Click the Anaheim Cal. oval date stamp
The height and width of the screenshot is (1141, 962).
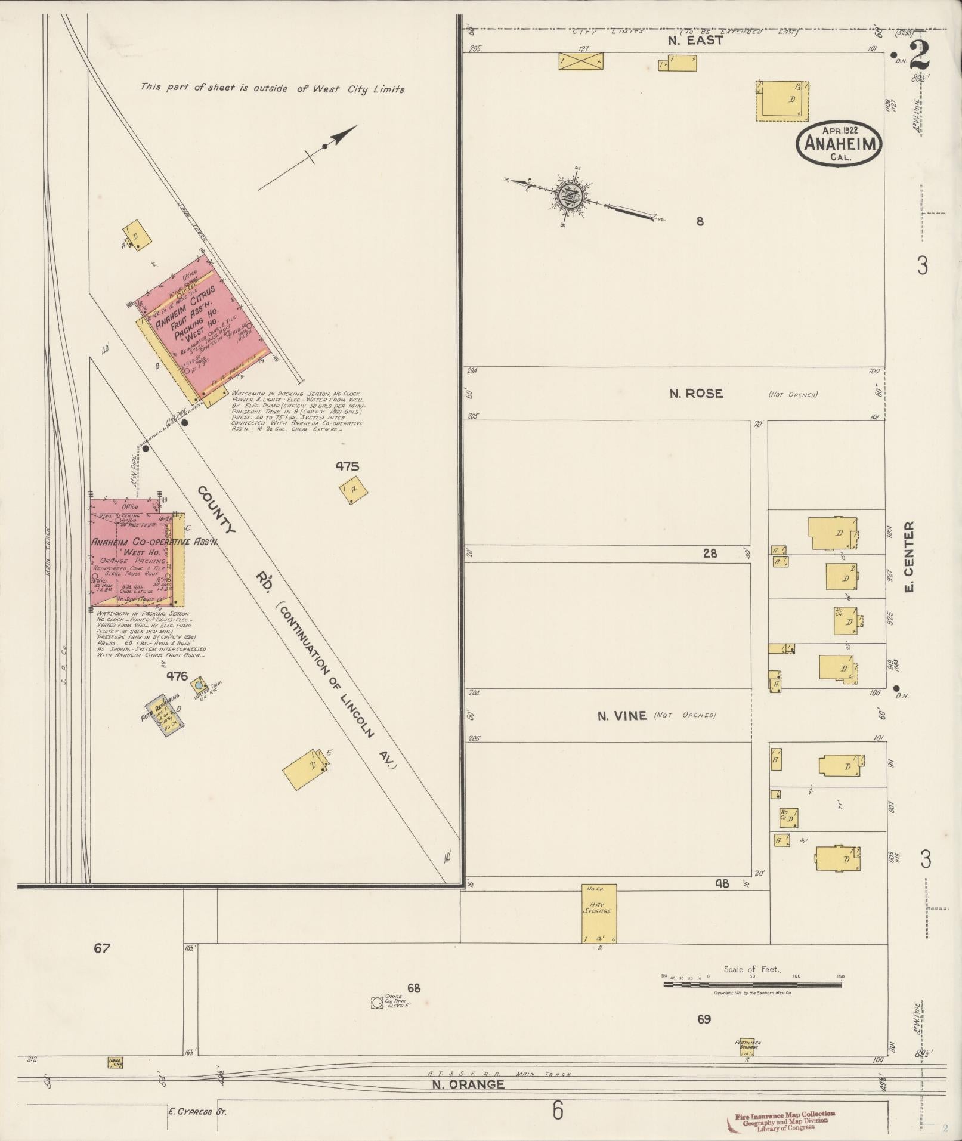click(x=839, y=144)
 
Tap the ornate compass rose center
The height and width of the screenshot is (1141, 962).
click(x=570, y=195)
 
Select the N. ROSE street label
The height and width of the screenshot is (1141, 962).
click(x=696, y=394)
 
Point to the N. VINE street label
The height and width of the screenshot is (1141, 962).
click(x=622, y=715)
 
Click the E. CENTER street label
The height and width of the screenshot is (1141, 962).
click(x=910, y=556)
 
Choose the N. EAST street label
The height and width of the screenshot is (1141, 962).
click(x=695, y=41)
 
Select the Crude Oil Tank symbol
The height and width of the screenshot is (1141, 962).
click(x=377, y=1003)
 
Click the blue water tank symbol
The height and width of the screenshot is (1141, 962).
click(x=199, y=685)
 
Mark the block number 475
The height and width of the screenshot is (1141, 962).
click(x=347, y=467)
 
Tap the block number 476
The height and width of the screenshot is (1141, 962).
click(x=177, y=676)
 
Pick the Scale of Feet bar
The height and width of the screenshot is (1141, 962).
click(x=753, y=984)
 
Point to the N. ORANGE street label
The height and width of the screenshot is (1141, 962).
click(x=468, y=1084)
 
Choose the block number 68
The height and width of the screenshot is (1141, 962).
click(x=414, y=988)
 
